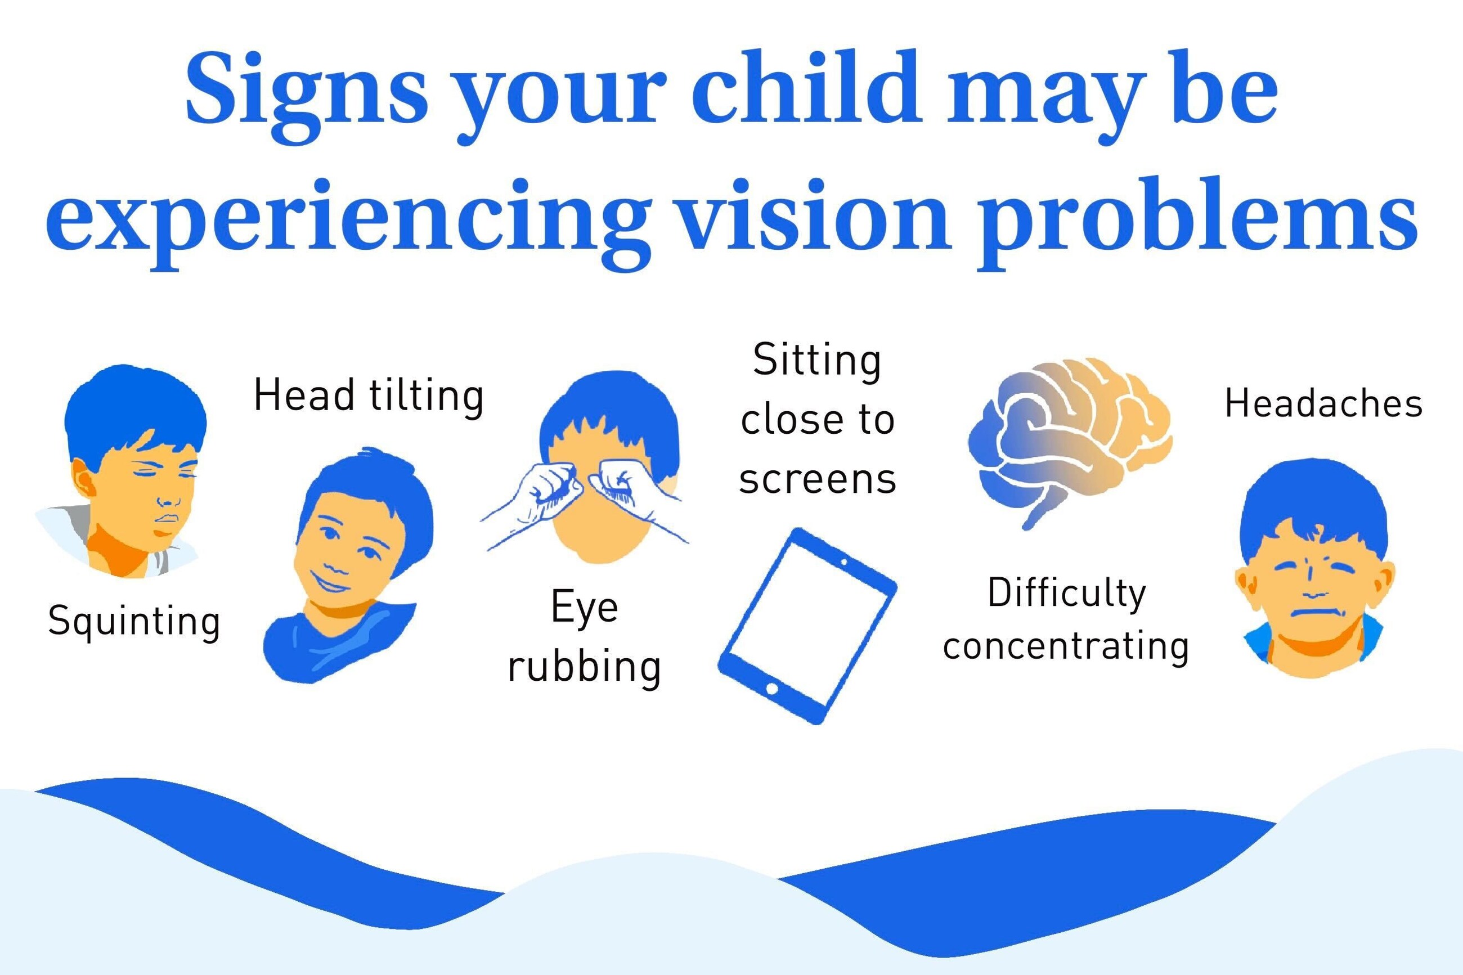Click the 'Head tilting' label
click(x=369, y=396)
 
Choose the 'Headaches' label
click(x=1323, y=403)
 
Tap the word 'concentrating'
click(x=1066, y=646)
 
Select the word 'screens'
click(x=818, y=479)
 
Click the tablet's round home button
click(x=771, y=689)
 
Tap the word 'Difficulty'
click(x=1067, y=594)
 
